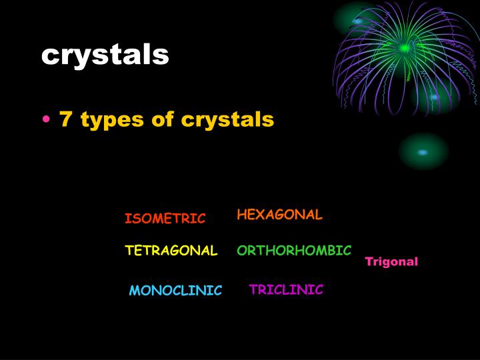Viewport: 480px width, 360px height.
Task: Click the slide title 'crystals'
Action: tap(105, 55)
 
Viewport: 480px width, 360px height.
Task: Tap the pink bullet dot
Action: tap(45, 121)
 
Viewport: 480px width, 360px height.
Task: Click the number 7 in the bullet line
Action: tap(65, 119)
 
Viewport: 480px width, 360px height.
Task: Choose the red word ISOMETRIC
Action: tap(165, 219)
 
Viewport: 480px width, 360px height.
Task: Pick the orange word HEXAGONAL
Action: tap(279, 215)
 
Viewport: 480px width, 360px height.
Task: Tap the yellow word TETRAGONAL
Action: tap(171, 251)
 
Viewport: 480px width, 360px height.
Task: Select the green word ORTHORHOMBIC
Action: tap(294, 251)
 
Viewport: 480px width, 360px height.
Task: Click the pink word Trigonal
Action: tap(391, 262)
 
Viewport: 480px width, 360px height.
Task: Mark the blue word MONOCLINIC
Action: tap(175, 291)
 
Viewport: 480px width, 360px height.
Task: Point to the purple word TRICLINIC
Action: tap(286, 289)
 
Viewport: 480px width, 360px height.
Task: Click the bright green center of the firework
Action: tap(404, 48)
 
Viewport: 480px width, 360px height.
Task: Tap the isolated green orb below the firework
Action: tap(423, 152)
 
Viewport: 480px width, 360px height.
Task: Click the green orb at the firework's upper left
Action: tap(358, 21)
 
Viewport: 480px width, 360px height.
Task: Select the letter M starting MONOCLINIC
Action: tap(133, 291)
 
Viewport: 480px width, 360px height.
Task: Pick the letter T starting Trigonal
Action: tap(369, 262)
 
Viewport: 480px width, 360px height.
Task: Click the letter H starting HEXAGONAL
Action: tap(241, 215)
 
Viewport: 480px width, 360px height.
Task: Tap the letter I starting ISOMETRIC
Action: tap(127, 219)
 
